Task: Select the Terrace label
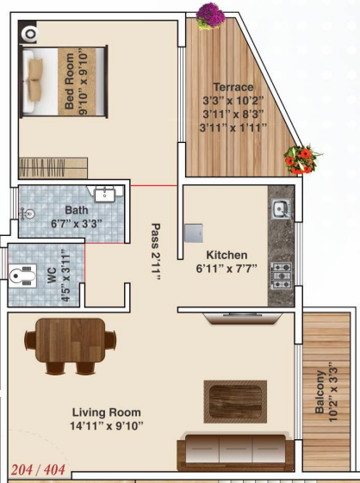[235, 87]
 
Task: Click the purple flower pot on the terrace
[209, 14]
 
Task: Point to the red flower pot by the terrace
[301, 159]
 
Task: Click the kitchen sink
[280, 208]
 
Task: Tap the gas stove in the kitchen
[281, 274]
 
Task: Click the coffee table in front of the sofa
[230, 397]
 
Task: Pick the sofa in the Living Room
[232, 451]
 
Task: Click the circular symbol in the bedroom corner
[31, 34]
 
